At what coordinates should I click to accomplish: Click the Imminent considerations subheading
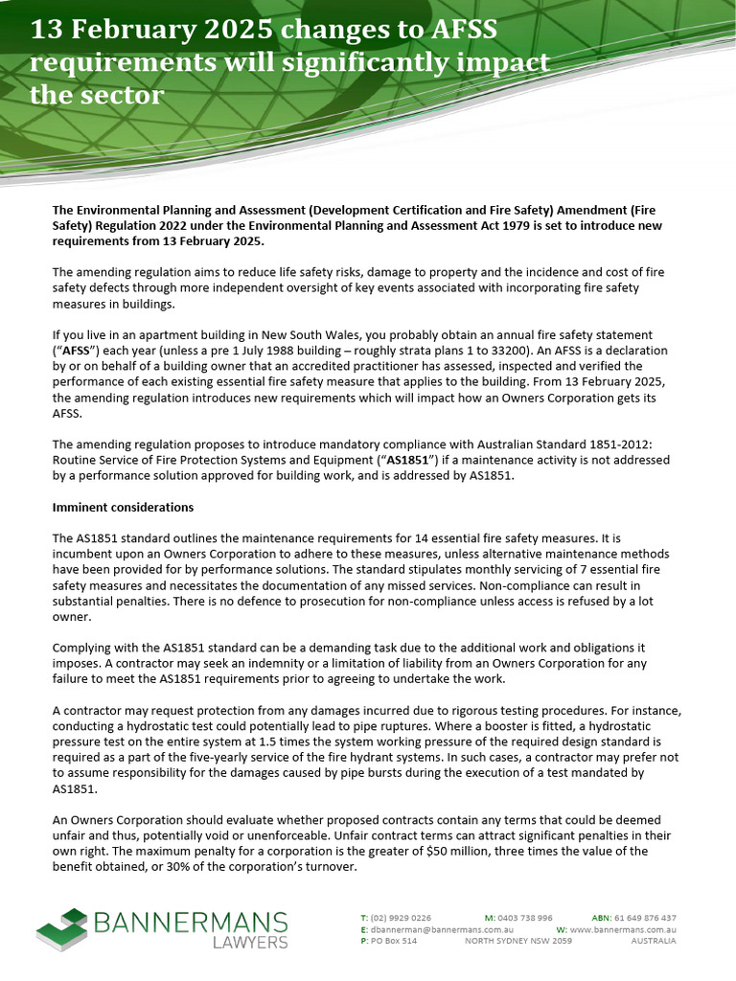[123, 507]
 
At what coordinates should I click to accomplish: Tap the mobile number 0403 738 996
[525, 918]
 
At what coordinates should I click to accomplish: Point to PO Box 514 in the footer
[394, 941]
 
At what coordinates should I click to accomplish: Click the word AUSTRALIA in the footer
[653, 941]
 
